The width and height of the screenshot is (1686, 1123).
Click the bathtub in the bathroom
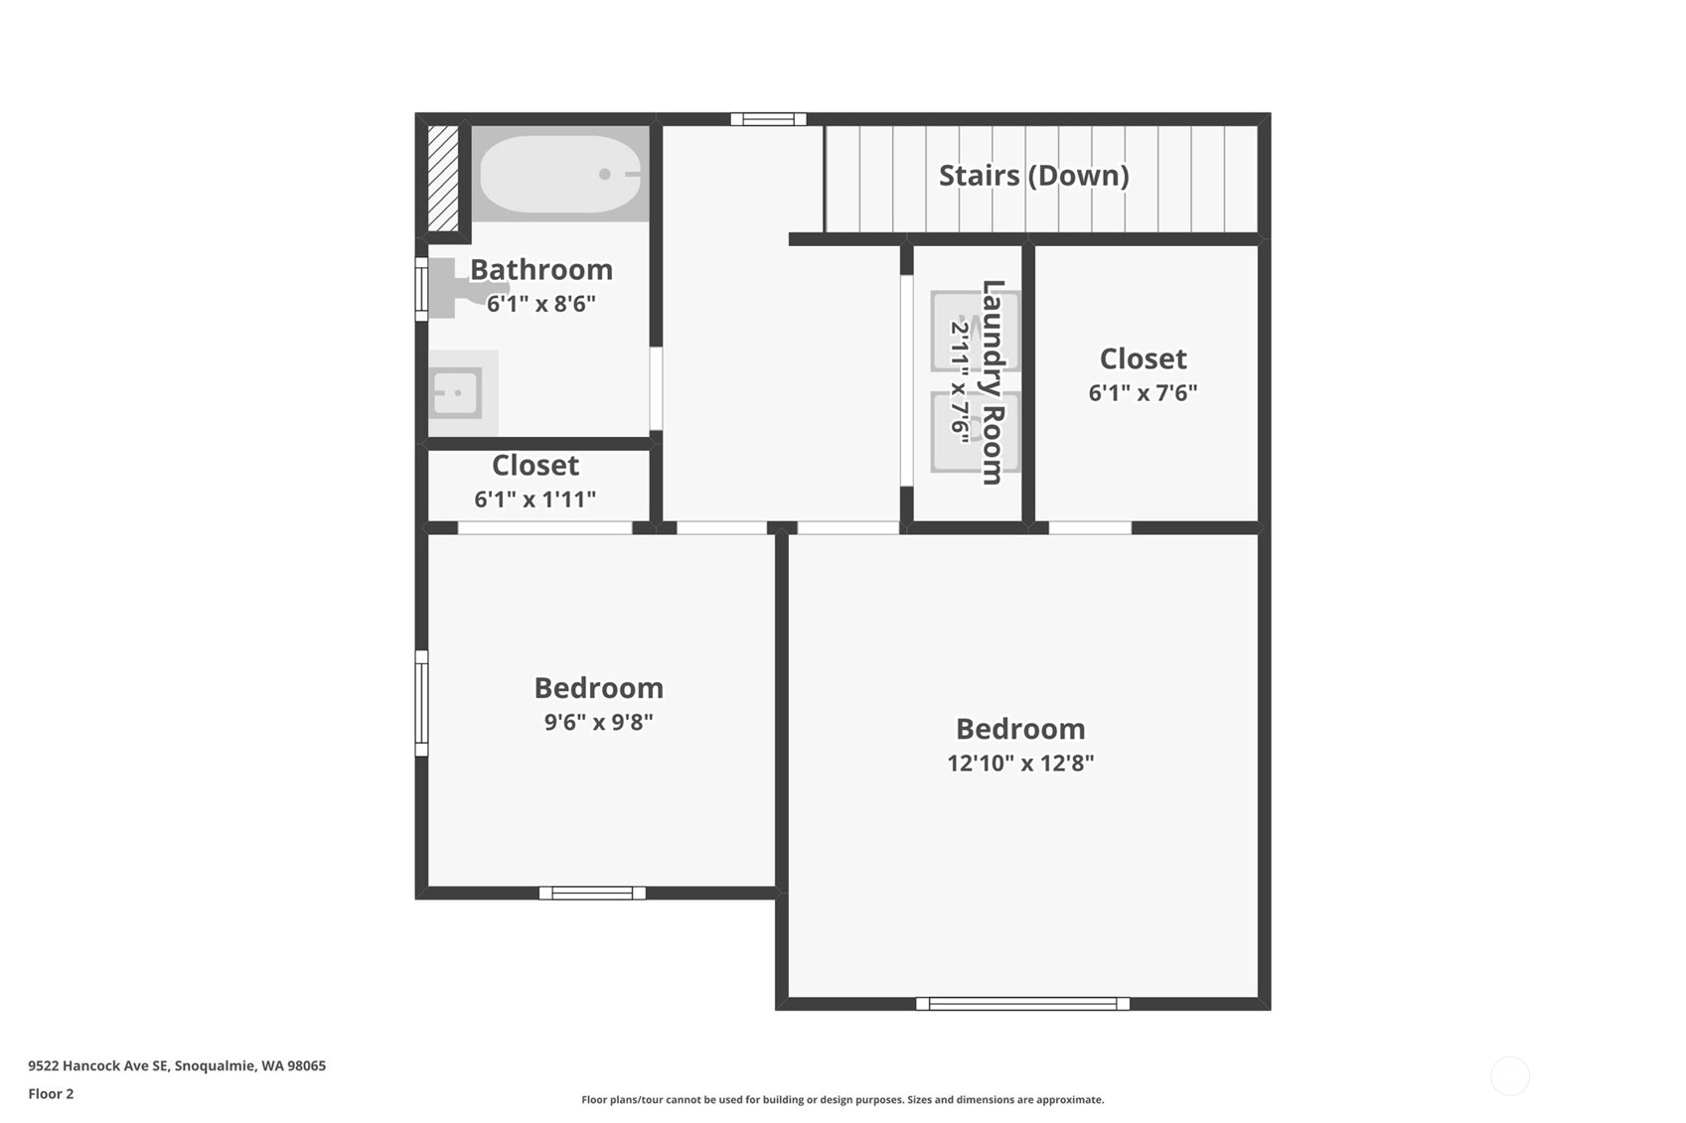pos(560,174)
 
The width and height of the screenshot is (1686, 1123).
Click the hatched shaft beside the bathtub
pos(443,179)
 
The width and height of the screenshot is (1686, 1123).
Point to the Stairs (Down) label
pos(1034,176)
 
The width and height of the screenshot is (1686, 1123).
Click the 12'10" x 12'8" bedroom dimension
pos(1020,764)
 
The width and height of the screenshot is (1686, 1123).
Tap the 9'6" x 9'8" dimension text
pos(598,722)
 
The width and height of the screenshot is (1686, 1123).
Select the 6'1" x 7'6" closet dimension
pos(1143,392)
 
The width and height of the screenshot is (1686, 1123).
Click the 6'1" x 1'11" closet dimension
pos(536,499)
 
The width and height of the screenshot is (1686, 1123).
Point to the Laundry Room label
pos(994,382)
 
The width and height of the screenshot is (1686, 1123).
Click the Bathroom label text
pos(541,269)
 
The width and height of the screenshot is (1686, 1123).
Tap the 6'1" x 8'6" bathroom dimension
pos(541,304)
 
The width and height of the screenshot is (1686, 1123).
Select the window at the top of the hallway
pos(768,119)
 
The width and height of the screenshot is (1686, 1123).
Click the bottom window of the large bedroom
pos(1023,1004)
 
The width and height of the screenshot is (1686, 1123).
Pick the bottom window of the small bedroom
pos(592,893)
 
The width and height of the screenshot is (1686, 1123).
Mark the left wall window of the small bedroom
pos(421,703)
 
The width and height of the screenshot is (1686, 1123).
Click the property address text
pos(177,1065)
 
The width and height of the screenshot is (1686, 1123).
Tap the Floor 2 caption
pos(52,1093)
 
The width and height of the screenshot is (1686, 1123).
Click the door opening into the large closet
pos(1090,528)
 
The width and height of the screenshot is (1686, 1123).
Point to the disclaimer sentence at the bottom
pos(843,1100)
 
